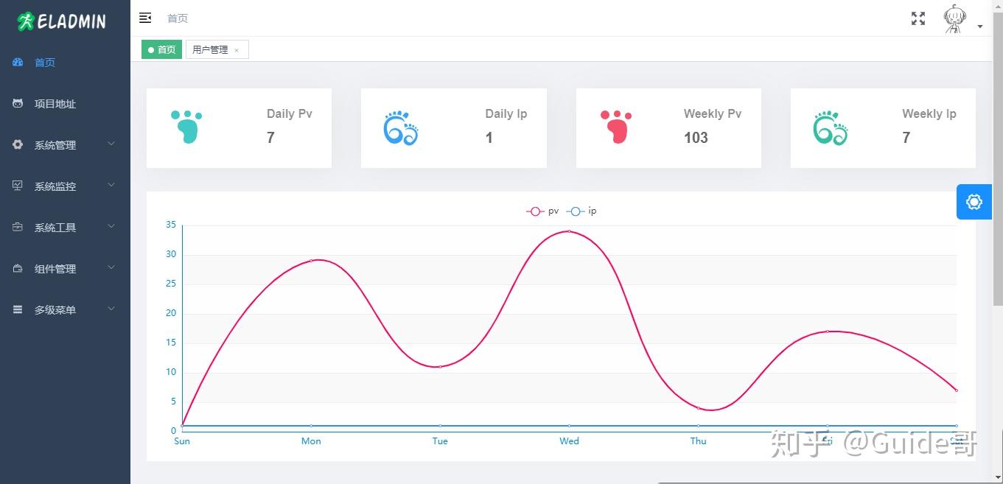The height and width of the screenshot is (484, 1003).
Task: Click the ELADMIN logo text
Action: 71,21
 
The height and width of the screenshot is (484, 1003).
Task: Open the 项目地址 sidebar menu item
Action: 55,104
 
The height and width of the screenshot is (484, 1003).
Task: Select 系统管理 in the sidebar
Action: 55,145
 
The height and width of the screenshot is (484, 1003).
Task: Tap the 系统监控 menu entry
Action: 55,186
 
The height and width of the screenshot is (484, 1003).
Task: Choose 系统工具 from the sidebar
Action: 55,228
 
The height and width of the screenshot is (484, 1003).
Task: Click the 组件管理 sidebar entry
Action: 55,269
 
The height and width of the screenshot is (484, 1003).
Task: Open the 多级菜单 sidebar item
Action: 55,310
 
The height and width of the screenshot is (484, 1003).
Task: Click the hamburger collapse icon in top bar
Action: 145,18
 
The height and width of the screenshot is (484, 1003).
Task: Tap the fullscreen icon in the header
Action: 918,18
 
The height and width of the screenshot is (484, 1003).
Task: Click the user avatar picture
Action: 955,19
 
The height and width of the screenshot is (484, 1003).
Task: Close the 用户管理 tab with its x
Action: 237,50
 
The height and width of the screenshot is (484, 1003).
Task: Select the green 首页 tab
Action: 162,49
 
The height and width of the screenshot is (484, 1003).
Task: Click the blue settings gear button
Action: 974,202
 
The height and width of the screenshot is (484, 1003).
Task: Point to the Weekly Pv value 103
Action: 696,138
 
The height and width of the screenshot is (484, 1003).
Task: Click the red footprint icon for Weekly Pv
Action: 616,127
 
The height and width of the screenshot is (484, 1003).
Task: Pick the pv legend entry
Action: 543,211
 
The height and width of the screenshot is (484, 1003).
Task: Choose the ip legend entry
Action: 582,211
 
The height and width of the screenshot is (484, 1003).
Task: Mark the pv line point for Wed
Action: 569,231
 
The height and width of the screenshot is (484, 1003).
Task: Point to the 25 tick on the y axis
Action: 171,284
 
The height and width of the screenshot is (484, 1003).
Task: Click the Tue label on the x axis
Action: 440,441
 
